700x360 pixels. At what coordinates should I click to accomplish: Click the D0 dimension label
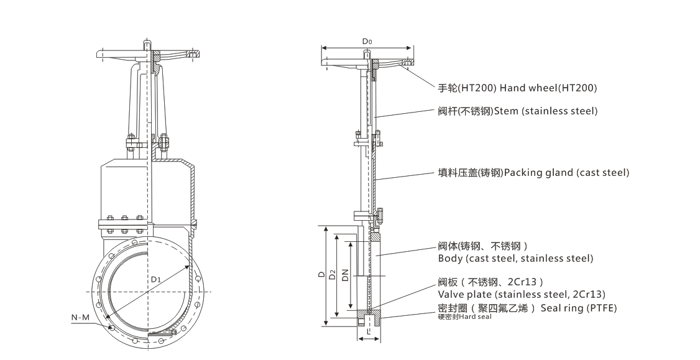tap(367, 42)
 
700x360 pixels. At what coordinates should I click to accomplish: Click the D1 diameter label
tap(155, 280)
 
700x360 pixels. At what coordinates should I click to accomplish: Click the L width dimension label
tap(369, 332)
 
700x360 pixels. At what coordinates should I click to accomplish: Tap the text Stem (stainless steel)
tap(545, 111)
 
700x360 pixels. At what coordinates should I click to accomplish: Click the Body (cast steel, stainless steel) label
tap(515, 258)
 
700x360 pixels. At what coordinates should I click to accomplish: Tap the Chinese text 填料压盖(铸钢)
tap(469, 172)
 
